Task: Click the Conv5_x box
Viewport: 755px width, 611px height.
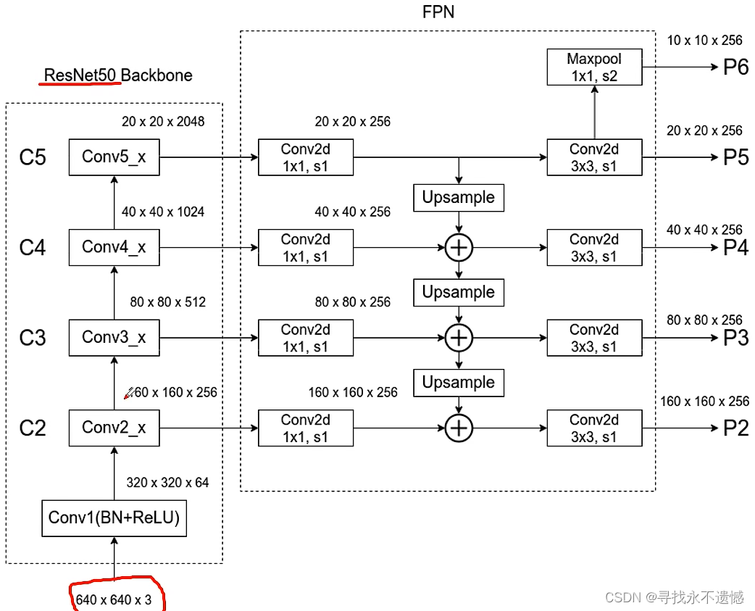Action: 114,157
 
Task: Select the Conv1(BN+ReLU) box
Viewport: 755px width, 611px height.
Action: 114,518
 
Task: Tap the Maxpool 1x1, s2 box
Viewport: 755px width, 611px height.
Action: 594,67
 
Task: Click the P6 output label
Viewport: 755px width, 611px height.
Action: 735,67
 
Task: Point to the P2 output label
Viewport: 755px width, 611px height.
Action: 735,428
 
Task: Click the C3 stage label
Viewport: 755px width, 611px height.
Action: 33,338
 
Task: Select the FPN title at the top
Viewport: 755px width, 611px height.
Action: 438,12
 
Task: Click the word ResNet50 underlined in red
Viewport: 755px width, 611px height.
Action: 81,75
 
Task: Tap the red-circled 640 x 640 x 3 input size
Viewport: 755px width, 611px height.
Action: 114,599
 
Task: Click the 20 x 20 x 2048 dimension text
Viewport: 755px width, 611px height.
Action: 163,121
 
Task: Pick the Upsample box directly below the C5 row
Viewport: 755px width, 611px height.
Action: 458,197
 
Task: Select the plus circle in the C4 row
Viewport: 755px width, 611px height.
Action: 458,248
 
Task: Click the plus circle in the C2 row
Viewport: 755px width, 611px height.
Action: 458,428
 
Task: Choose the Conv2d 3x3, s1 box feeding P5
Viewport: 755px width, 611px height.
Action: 594,157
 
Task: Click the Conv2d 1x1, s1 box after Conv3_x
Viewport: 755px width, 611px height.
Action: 305,338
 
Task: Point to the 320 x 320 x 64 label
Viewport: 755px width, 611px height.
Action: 167,482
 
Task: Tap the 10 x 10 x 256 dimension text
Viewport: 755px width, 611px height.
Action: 704,41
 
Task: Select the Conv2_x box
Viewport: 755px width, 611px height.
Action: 114,428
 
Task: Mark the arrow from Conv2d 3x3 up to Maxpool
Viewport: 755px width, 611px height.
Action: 594,112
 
